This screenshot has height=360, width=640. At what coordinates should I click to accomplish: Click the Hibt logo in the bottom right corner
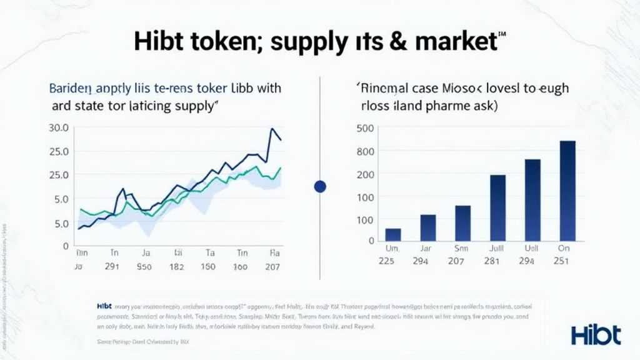point(596,334)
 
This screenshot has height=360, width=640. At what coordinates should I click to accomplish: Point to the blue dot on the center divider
point(321,186)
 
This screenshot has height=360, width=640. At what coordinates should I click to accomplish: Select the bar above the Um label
point(393,234)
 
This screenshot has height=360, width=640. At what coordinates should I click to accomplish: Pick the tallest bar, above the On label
point(567,191)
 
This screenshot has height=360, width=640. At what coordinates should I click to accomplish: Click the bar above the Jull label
point(497,207)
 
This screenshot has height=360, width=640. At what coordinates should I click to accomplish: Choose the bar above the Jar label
point(428,227)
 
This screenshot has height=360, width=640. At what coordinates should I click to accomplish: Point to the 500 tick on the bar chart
point(365,129)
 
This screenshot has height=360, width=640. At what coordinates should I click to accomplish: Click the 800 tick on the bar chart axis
point(365,151)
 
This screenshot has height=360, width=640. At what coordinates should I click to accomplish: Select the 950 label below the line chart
point(144,266)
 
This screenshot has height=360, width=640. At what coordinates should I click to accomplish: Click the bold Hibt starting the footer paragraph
point(104,306)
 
